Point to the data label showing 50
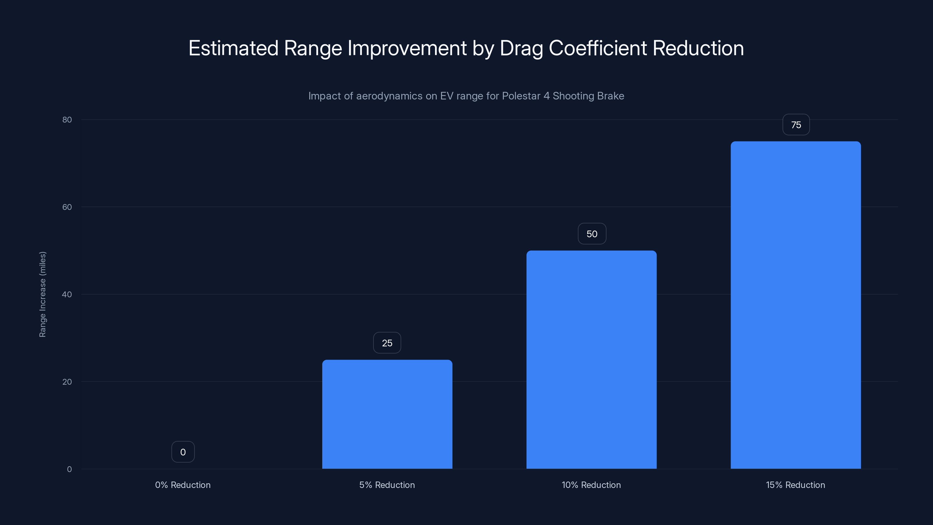click(592, 234)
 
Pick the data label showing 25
click(387, 343)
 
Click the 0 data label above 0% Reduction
click(183, 452)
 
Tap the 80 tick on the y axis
click(67, 120)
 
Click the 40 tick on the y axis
click(67, 294)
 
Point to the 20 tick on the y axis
click(67, 381)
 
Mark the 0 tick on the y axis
click(69, 469)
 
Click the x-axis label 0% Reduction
click(183, 485)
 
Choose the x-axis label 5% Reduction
click(387, 485)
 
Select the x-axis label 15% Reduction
click(795, 485)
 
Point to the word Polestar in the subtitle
click(521, 96)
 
